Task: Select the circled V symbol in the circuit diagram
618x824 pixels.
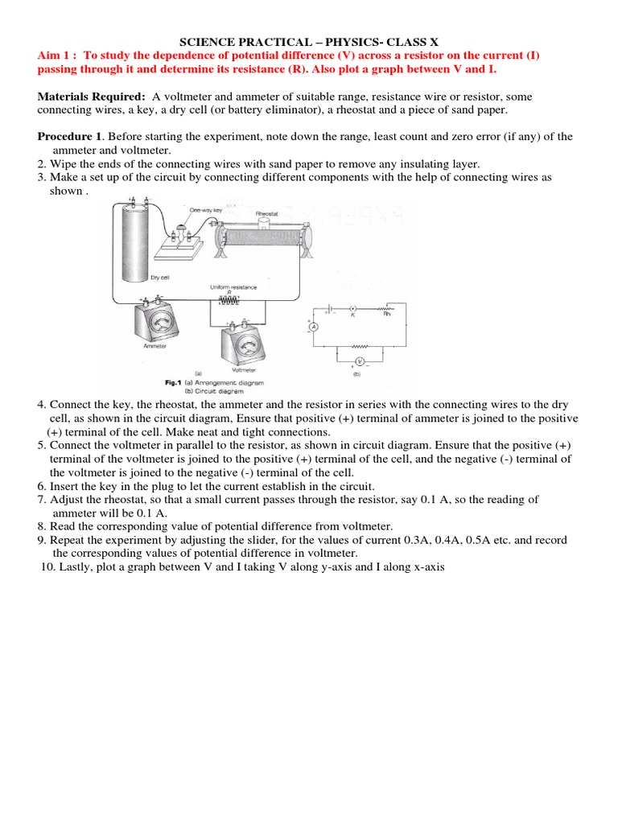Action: coord(361,361)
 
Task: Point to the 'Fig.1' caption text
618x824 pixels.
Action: coord(170,381)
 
